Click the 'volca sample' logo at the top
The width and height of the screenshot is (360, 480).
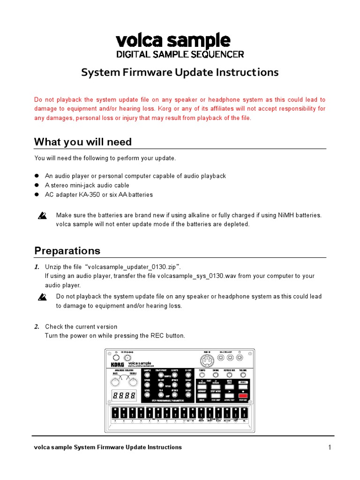click(173, 41)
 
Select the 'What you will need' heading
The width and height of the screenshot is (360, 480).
click(83, 142)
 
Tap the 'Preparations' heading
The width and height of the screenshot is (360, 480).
click(67, 250)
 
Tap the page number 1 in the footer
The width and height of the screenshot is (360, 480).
click(330, 447)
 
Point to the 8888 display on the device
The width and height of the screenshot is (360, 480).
click(124, 396)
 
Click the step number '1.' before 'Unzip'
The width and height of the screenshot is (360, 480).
click(36, 267)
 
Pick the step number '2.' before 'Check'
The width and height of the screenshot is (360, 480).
click(36, 327)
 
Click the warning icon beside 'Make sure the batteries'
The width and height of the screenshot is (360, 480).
click(43, 216)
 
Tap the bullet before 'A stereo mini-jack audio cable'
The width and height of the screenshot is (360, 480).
click(37, 185)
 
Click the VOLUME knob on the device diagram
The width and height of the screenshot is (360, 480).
click(242, 375)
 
